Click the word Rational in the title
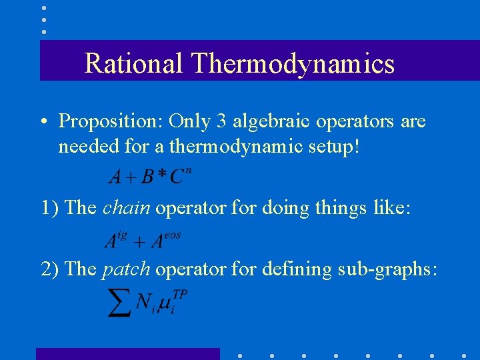tap(133, 63)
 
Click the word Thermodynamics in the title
tap(293, 63)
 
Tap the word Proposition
tap(111, 121)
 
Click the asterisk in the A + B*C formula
tap(161, 175)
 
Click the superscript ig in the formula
tap(122, 235)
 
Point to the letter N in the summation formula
tap(143, 303)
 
